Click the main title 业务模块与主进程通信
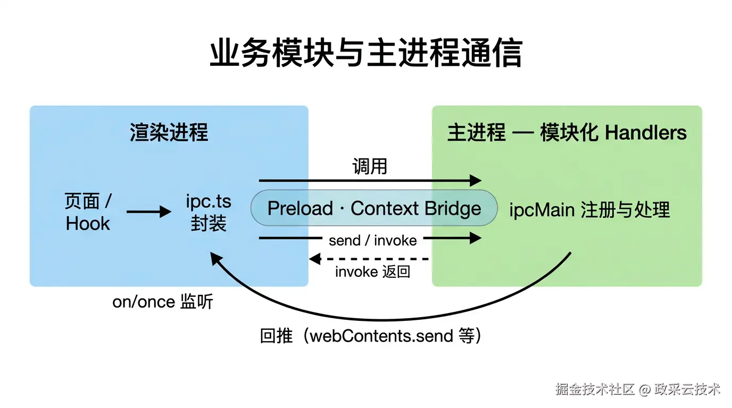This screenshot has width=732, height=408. (366, 54)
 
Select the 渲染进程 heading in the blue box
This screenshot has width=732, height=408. (169, 132)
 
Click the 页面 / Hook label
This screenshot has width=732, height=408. (88, 212)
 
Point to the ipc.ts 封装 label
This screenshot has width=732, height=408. (209, 212)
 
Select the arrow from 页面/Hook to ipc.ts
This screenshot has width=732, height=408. (148, 212)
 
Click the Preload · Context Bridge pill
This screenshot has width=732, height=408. (374, 208)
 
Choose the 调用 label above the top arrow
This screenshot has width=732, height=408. (370, 166)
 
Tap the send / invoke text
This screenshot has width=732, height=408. (372, 240)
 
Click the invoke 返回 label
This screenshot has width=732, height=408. (372, 272)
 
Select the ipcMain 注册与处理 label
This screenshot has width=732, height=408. (589, 210)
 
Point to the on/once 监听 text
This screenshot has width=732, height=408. (163, 302)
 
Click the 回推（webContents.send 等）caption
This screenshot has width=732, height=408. (371, 336)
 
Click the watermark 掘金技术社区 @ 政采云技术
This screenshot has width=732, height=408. (638, 389)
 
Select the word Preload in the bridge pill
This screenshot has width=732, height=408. (300, 208)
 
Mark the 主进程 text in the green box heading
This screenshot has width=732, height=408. (476, 133)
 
